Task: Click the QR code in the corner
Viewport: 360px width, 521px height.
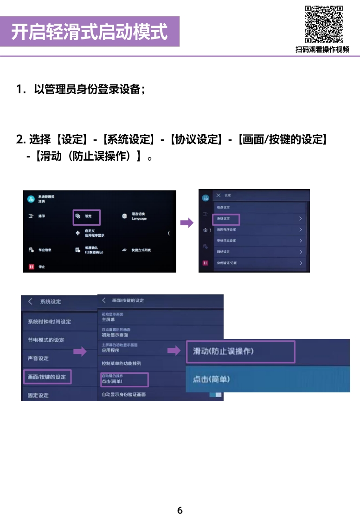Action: (x=324, y=24)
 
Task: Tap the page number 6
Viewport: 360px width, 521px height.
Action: (x=180, y=510)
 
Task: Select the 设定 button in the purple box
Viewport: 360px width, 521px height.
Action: (x=87, y=216)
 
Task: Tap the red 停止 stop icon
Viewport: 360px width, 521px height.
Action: (x=32, y=267)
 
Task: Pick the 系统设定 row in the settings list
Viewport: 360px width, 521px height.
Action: (x=226, y=218)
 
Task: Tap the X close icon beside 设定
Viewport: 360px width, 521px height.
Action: (x=218, y=195)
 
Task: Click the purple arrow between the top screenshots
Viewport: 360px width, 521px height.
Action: (x=187, y=223)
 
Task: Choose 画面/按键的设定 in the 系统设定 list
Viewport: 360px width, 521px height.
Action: (x=46, y=377)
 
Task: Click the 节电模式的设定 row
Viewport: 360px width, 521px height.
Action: (x=46, y=340)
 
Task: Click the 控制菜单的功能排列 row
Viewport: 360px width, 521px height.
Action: (x=122, y=363)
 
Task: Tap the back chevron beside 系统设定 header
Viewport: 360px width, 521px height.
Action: (x=30, y=301)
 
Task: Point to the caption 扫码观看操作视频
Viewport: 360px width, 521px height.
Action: (x=322, y=50)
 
